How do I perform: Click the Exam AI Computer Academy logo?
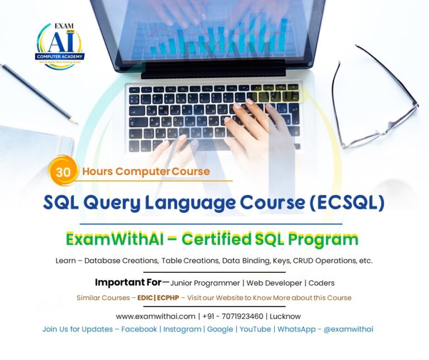click(x=60, y=46)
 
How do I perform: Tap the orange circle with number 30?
click(x=63, y=172)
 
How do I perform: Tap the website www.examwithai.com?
click(x=156, y=316)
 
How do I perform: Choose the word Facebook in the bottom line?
click(x=139, y=329)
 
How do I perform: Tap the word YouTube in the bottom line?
click(x=255, y=329)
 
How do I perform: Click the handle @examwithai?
click(x=351, y=329)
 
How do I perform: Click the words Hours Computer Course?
click(x=146, y=172)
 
